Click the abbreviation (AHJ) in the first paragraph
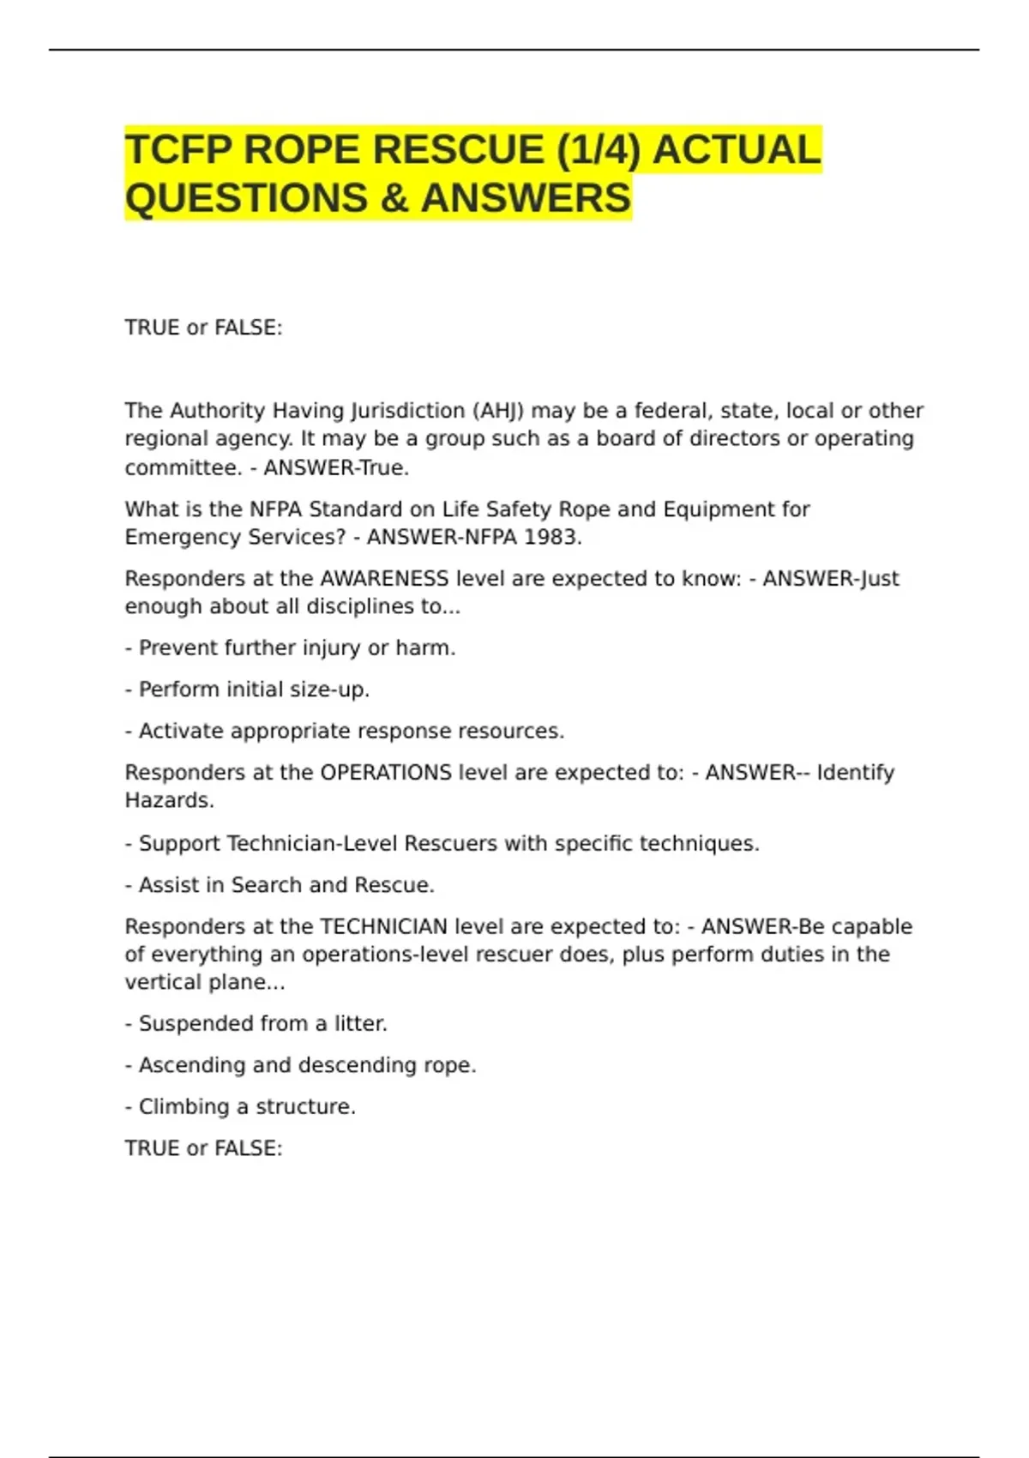coord(497,411)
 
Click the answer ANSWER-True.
coord(336,467)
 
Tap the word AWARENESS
coord(383,579)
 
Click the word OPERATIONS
coord(386,773)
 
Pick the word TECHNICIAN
coord(383,927)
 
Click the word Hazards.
coord(169,800)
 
